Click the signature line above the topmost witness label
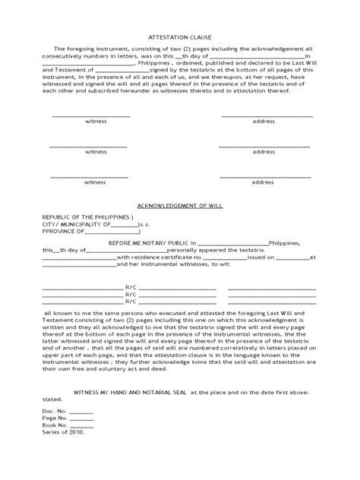pos(90,115)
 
